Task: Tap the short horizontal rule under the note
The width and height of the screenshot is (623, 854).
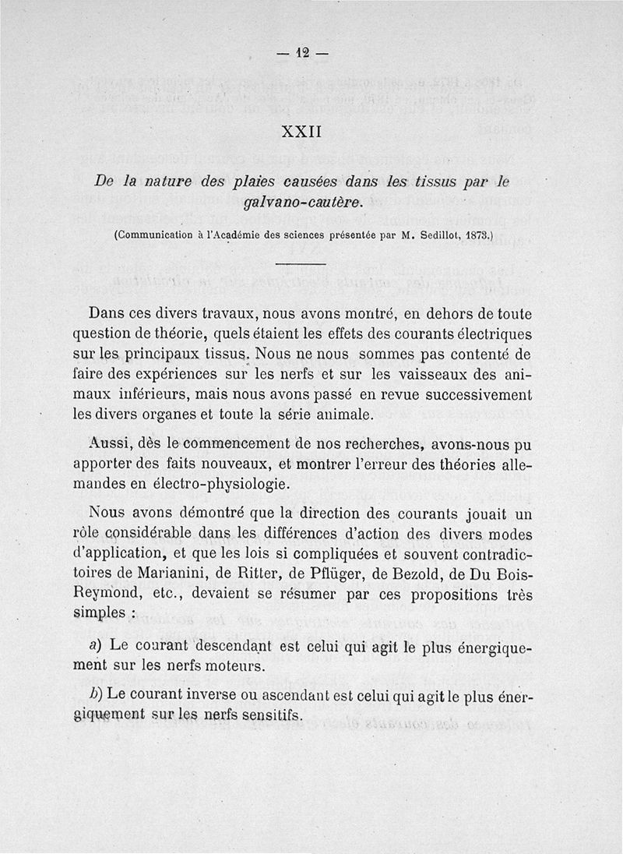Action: tap(299, 265)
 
